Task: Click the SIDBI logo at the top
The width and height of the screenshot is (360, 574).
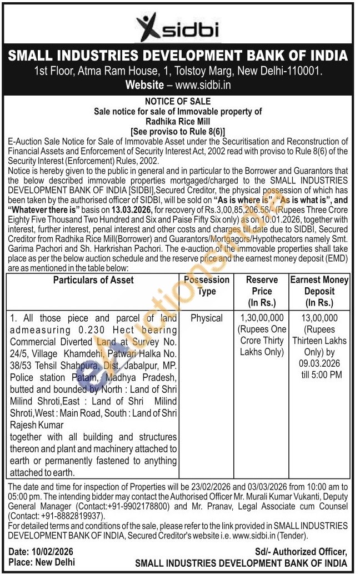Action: [179, 26]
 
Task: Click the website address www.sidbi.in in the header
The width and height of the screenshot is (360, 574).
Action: [203, 85]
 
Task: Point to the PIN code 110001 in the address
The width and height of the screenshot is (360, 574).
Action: [305, 71]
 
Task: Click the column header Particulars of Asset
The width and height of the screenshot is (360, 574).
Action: [93, 280]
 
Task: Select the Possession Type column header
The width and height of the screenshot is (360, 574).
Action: [207, 286]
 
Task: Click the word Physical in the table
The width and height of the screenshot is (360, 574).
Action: [206, 318]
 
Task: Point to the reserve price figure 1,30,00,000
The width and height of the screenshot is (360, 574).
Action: [262, 318]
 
